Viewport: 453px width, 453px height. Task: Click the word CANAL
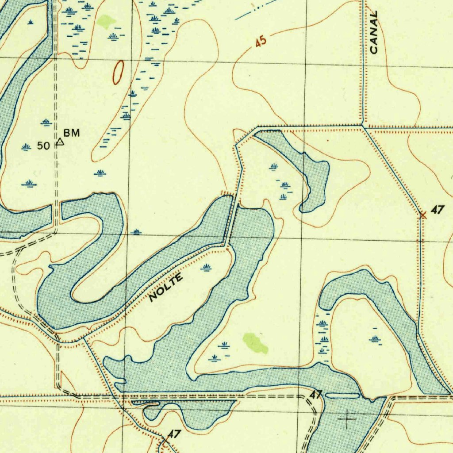374,33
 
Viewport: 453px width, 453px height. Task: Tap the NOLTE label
166,288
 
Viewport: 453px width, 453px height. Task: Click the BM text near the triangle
72,133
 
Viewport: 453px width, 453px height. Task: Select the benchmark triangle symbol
60,142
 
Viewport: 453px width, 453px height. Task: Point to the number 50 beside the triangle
43,146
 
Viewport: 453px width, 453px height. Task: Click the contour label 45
261,43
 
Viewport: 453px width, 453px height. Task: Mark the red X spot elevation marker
423,215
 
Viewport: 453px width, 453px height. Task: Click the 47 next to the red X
437,211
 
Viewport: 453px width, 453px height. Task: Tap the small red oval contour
118,73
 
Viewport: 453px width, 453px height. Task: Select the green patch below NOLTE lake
255,343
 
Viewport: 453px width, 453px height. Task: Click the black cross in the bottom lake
347,418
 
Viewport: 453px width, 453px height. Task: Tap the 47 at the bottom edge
174,434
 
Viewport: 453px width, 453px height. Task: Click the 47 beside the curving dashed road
315,395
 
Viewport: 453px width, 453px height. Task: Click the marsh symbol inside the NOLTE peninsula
206,267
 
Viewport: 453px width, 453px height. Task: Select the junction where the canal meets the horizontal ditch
363,126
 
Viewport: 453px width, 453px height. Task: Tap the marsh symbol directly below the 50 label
29,183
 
